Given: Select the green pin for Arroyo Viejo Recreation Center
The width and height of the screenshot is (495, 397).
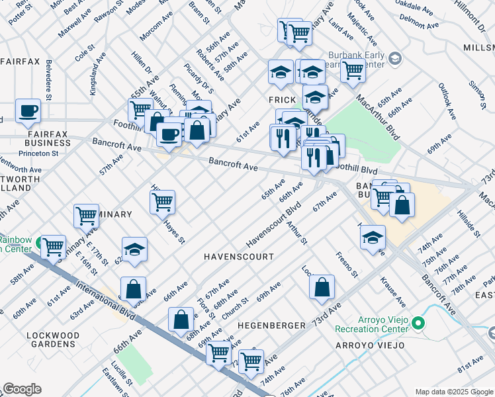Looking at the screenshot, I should coord(418,323).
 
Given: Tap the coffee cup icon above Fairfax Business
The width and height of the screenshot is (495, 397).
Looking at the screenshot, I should coord(28,111).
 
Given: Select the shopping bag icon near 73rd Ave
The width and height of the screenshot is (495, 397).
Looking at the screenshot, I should coord(322,287).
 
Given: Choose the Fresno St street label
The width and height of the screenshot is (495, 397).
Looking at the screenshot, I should coord(347,264).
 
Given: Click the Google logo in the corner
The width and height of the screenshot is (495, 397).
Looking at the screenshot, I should coord(22,389).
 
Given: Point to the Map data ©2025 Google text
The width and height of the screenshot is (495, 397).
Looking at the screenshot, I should coord(453,392).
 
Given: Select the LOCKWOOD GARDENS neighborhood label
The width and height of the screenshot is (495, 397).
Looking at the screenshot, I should coord(51,340).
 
